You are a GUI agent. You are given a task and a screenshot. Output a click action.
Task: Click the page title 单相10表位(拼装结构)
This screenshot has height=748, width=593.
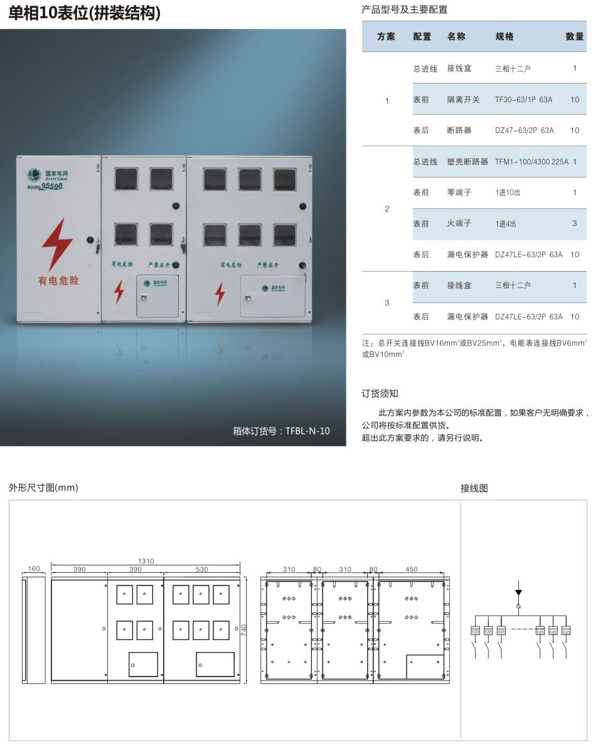click(85, 13)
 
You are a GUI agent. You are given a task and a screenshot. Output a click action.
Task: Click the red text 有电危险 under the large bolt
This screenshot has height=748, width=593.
click(58, 280)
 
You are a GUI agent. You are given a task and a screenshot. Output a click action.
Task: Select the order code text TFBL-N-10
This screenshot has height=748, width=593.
click(307, 430)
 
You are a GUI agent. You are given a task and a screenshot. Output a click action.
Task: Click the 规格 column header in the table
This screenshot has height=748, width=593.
click(505, 36)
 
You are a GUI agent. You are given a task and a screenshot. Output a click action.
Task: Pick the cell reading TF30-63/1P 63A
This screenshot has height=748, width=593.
click(523, 100)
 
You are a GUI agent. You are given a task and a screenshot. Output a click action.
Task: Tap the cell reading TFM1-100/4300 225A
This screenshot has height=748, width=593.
click(532, 162)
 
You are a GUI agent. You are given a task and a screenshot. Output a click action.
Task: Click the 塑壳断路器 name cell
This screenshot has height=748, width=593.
click(467, 162)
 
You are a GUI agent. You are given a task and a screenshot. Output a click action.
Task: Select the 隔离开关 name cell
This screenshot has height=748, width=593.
click(463, 100)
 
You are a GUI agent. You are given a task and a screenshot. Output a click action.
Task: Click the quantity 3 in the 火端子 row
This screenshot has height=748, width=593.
click(574, 223)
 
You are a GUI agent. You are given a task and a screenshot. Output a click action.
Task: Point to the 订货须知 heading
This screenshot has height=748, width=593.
click(380, 393)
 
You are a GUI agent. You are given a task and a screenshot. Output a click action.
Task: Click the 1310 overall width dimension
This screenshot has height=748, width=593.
click(146, 561)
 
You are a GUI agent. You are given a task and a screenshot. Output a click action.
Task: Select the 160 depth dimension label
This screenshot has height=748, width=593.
click(34, 569)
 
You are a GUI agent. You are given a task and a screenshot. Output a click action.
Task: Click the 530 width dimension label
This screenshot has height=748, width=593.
click(201, 569)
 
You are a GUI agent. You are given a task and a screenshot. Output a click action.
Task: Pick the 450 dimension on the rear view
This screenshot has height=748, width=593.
click(411, 570)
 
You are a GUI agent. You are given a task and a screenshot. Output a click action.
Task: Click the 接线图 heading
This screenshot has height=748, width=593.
click(474, 488)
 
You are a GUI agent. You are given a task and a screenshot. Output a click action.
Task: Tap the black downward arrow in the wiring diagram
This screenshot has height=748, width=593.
click(518, 592)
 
